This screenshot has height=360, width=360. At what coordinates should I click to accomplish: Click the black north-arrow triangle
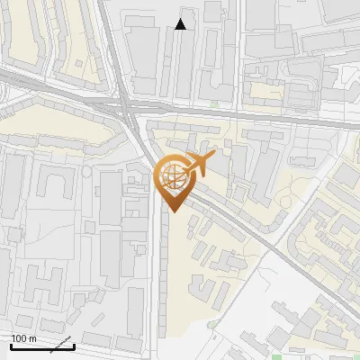(181, 24)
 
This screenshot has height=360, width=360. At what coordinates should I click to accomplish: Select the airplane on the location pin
(199, 164)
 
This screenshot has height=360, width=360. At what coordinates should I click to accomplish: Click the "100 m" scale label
(23, 338)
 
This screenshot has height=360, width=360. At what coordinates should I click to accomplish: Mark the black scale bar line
(41, 346)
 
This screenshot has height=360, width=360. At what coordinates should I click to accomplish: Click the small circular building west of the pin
(87, 171)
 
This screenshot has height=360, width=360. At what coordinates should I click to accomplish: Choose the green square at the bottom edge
(276, 355)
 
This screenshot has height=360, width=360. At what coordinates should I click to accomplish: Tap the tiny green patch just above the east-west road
(214, 105)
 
